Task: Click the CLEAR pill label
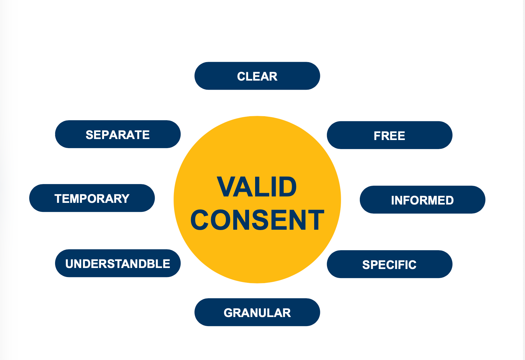tap(257, 76)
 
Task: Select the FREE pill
tap(389, 135)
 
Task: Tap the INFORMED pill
tap(422, 200)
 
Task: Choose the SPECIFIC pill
tap(389, 265)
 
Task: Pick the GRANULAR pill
tap(257, 313)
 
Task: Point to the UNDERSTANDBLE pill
tap(118, 264)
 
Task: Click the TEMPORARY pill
tap(92, 198)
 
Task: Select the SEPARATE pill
tap(118, 135)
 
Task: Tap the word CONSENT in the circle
tap(257, 220)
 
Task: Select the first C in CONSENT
tap(200, 220)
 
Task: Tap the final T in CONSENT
tap(316, 220)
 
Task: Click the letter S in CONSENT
tap(260, 220)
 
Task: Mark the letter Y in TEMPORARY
tap(126, 198)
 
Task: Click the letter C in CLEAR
tap(241, 77)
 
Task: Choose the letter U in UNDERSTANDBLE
tap(69, 264)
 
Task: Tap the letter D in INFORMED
tap(450, 200)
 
